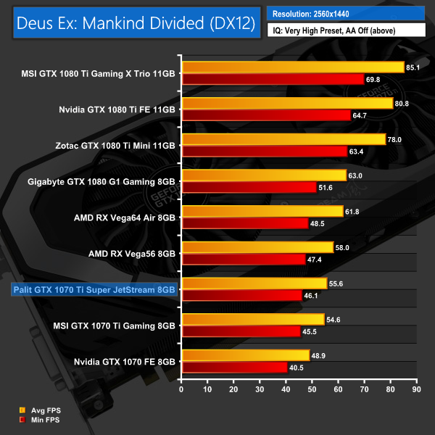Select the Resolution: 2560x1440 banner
pyautogui.click(x=346, y=13)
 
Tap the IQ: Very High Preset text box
pyautogui.click(x=346, y=31)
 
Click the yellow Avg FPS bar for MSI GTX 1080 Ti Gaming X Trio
pyautogui.click(x=293, y=67)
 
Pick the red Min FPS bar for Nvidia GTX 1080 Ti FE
pyautogui.click(x=266, y=115)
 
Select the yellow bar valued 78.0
pyautogui.click(x=283, y=139)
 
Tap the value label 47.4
pyautogui.click(x=317, y=259)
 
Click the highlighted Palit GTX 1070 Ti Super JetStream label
pyautogui.click(x=95, y=289)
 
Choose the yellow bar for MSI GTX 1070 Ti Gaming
pyautogui.click(x=253, y=319)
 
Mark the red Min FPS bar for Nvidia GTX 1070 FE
pyautogui.click(x=234, y=367)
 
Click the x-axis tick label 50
pyautogui.click(x=312, y=389)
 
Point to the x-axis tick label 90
pyautogui.click(x=415, y=389)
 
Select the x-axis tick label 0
pyautogui.click(x=182, y=389)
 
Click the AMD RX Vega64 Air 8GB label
pyautogui.click(x=124, y=217)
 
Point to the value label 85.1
pyautogui.click(x=415, y=68)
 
